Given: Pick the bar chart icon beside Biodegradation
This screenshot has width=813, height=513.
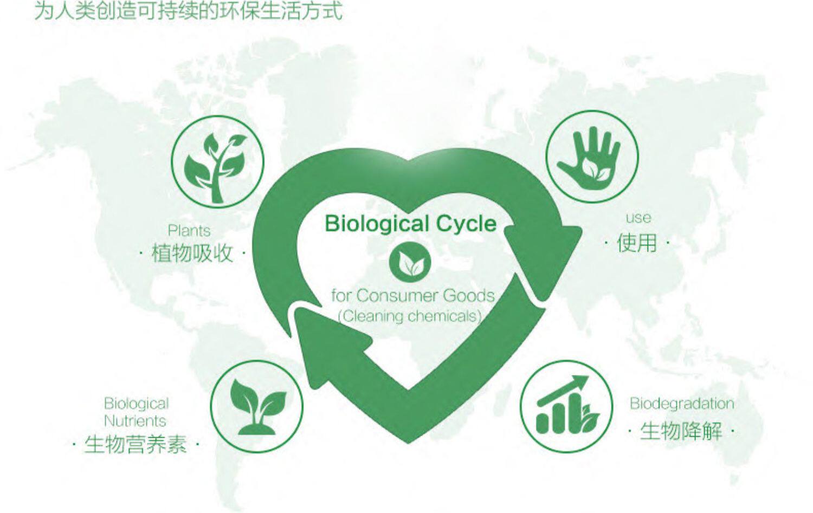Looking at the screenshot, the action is tap(566, 406).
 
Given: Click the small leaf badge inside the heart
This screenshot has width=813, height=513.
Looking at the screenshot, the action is tap(410, 263).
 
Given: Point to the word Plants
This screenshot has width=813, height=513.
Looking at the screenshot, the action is tap(189, 231).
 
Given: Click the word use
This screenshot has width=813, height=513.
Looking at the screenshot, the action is tap(638, 218).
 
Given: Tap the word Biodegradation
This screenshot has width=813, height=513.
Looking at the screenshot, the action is tap(681, 404).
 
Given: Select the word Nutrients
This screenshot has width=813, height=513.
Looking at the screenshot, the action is tap(135, 421).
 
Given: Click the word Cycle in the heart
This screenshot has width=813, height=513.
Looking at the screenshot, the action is tap(466, 224).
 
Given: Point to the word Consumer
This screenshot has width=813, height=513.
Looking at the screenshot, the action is tap(397, 296).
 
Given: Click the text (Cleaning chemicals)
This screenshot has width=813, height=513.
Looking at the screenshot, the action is tap(410, 316).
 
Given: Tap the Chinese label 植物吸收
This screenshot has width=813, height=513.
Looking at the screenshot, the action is tap(192, 253).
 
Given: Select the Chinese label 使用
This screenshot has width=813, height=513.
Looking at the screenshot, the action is tap(637, 243).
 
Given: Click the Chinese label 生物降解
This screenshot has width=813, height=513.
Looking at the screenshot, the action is tap(681, 432).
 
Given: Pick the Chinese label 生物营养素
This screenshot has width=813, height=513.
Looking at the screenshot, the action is tap(135, 445).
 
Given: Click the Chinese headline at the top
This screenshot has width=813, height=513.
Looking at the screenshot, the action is tap(188, 11).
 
